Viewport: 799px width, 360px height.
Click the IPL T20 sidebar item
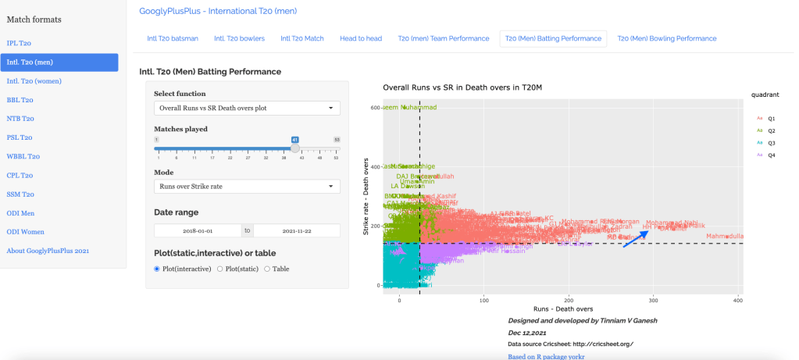coord(20,44)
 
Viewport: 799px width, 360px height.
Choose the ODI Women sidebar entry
coord(26,232)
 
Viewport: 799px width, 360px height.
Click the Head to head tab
coord(361,38)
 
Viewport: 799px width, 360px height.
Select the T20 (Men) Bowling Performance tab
coord(666,38)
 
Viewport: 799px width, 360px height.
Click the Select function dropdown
coord(246,108)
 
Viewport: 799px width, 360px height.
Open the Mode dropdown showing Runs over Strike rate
coord(246,186)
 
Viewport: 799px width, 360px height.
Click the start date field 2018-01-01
coord(198,231)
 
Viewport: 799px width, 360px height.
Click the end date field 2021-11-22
coord(297,231)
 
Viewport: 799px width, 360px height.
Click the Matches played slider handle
coord(295,148)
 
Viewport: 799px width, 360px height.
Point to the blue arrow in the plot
coord(635,239)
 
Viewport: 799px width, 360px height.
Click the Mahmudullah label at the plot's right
coord(724,236)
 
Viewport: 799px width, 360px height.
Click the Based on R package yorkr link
coord(546,356)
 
